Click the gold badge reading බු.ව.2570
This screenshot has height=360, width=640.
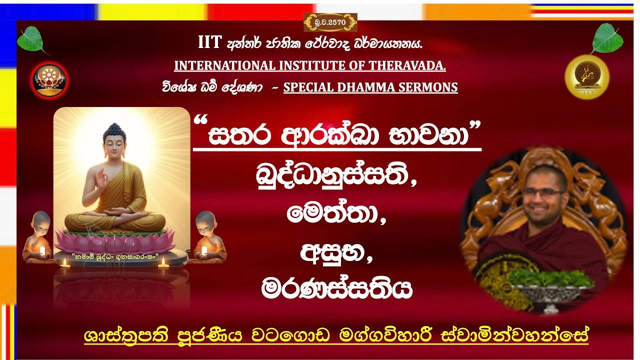(x=330, y=22)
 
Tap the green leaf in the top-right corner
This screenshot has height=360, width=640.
(x=606, y=38)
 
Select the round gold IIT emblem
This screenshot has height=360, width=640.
(x=587, y=77)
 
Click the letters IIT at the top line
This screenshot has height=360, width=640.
(x=209, y=43)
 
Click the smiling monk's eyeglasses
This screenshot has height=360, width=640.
(x=544, y=191)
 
